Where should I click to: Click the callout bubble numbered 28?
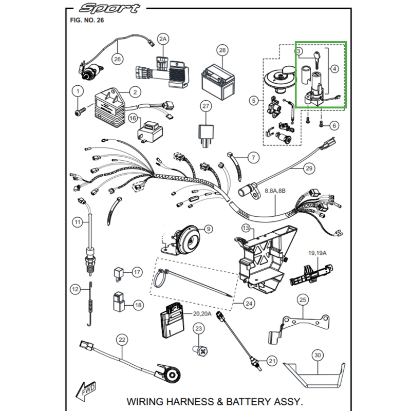click(222, 50)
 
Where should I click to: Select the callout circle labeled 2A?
click(163, 39)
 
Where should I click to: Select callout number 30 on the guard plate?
click(317, 356)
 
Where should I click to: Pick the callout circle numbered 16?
click(133, 119)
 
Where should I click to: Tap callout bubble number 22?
click(121, 339)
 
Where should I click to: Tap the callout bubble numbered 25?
click(303, 300)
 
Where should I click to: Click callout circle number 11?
click(78, 222)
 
